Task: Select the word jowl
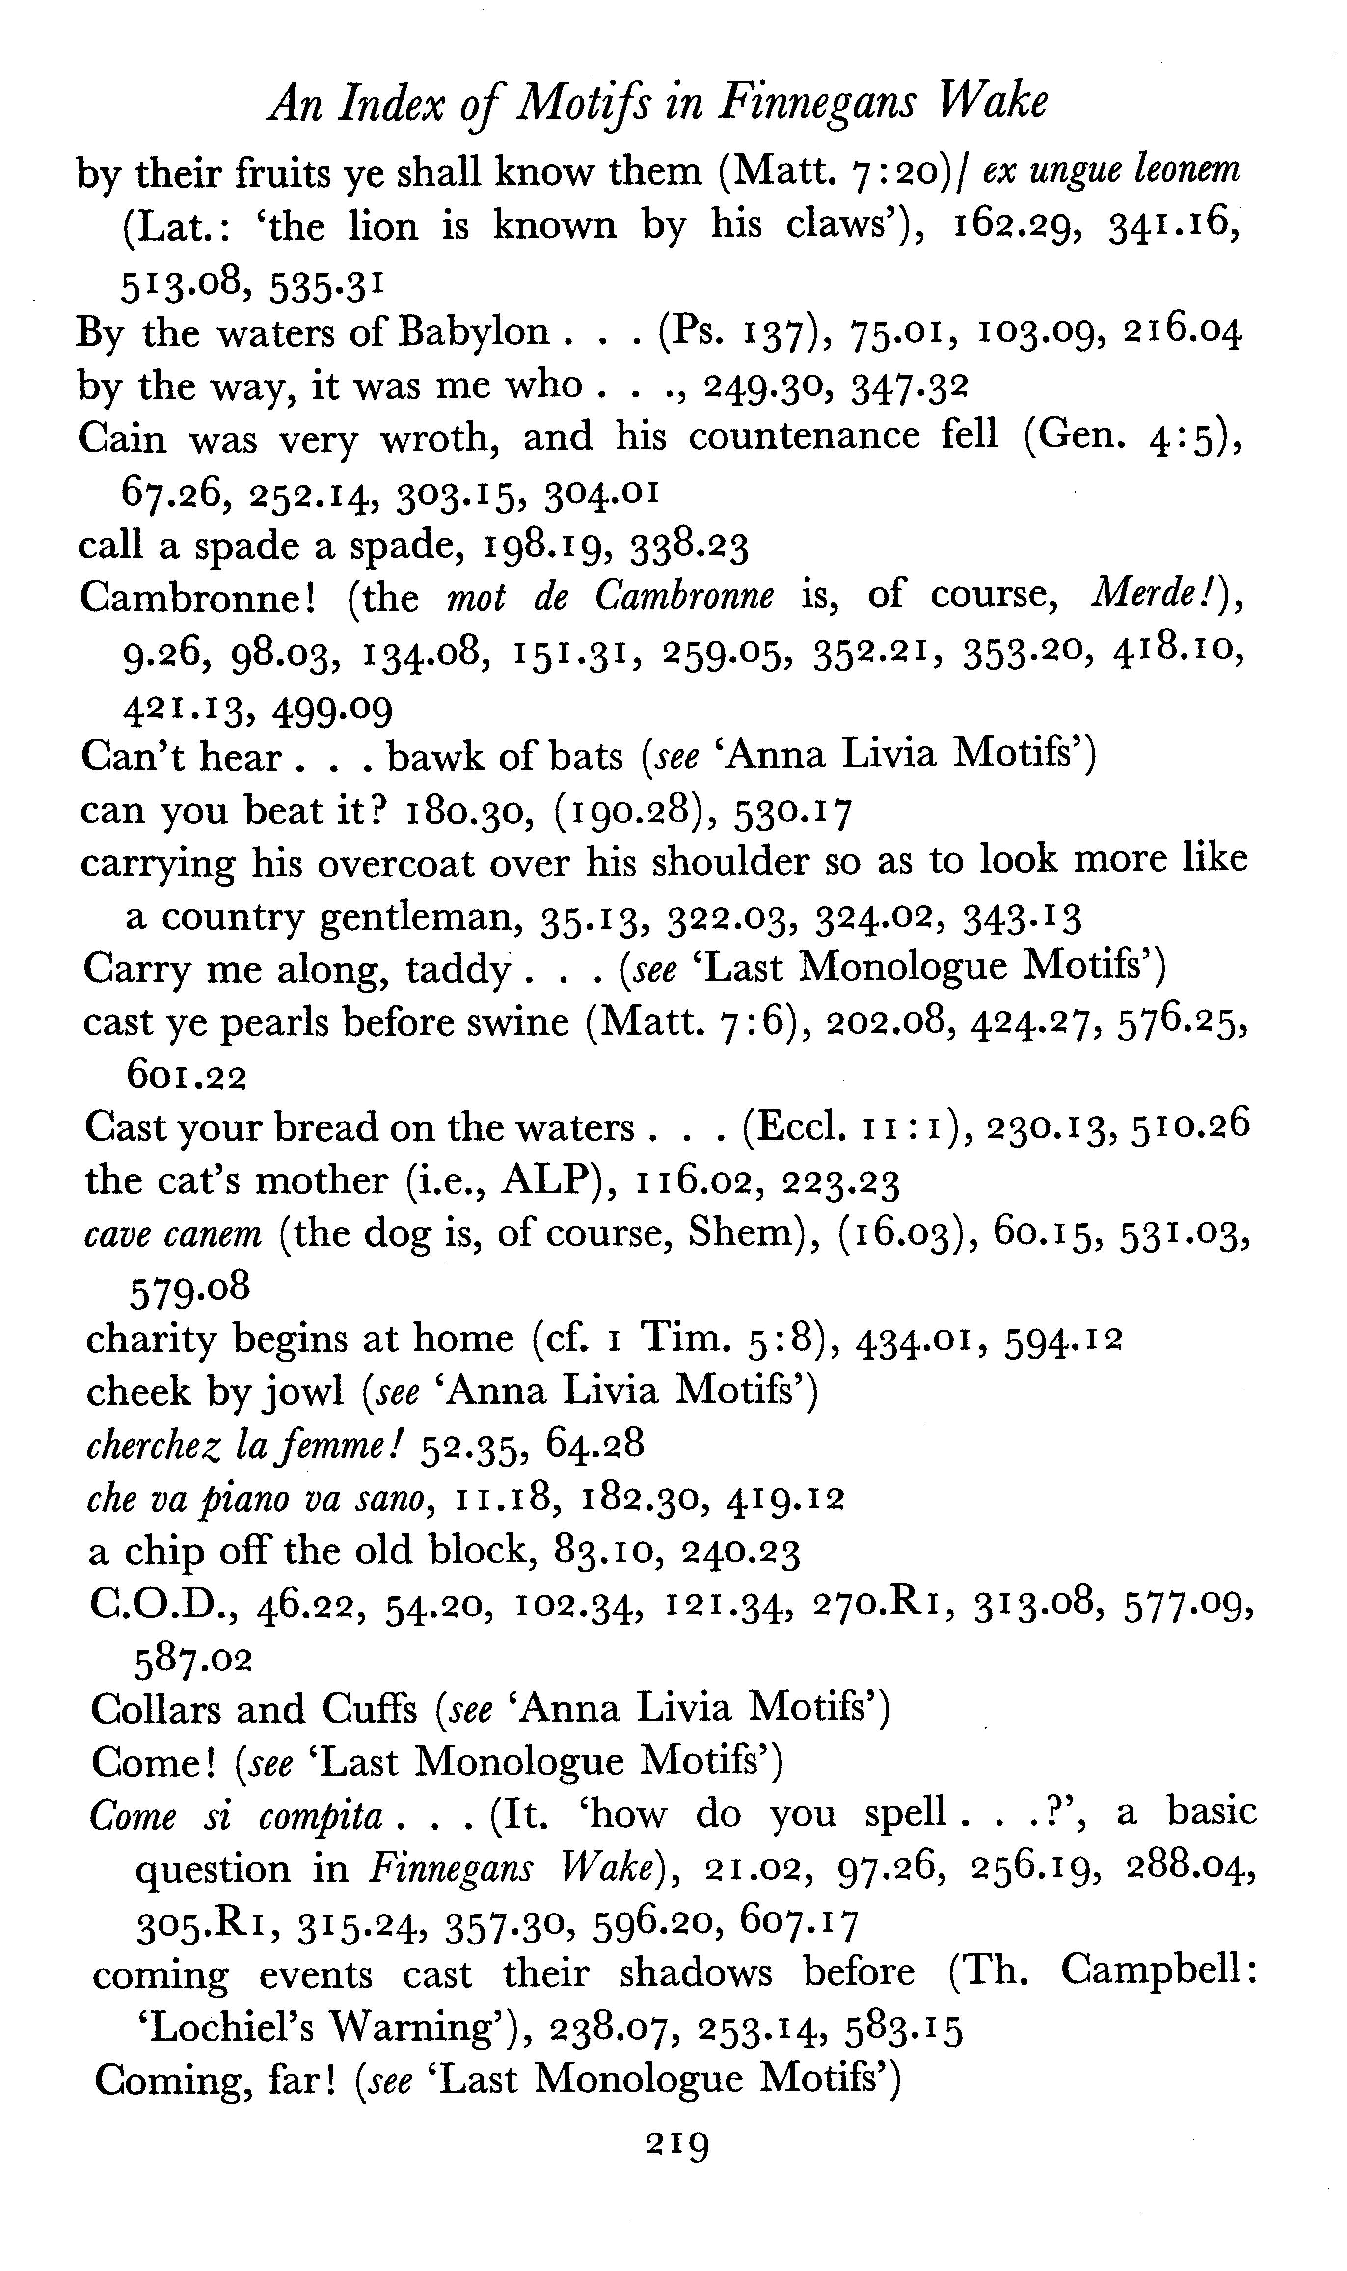[305, 1393]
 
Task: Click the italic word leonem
[1187, 171]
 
